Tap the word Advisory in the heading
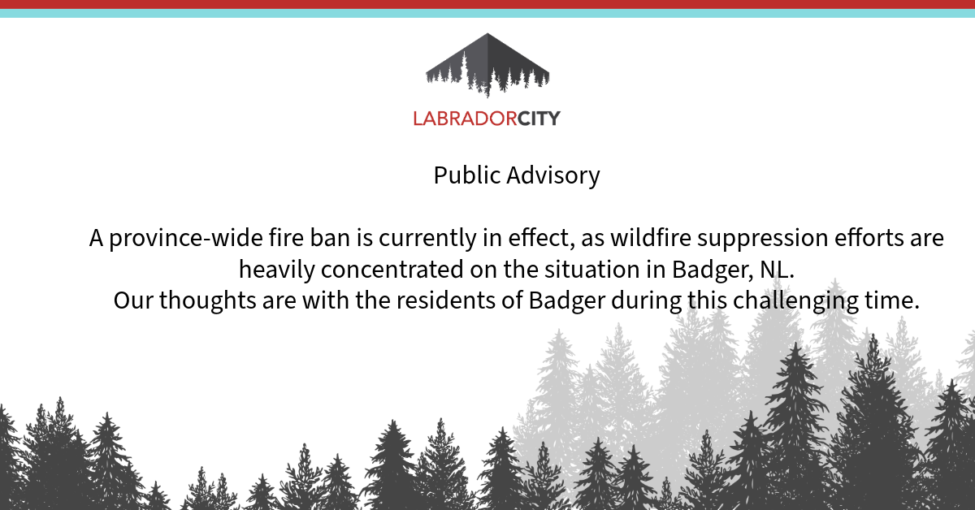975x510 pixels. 553,175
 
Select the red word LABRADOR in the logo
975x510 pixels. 465,119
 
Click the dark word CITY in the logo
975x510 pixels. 539,119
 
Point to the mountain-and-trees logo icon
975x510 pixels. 487,65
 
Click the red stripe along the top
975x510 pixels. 487,4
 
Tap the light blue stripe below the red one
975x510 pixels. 487,14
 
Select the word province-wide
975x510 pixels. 186,239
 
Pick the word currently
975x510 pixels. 427,239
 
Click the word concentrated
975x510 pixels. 392,270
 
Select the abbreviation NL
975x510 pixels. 777,270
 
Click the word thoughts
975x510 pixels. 208,301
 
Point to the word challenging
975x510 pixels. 795,301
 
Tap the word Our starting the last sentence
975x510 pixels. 133,300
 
